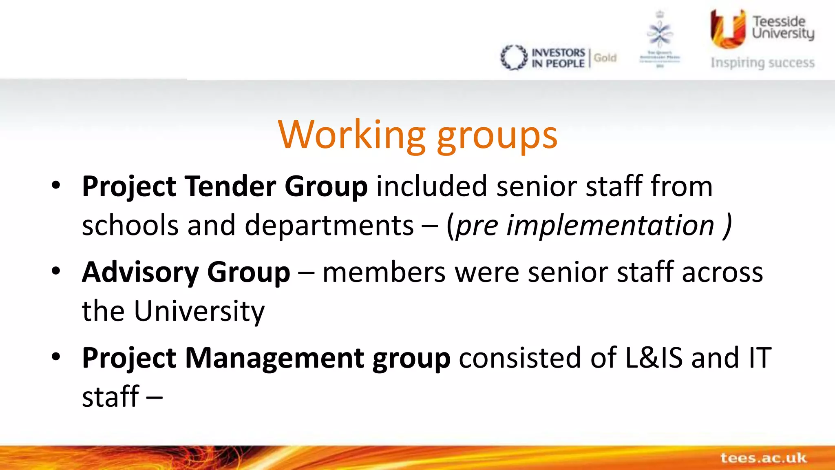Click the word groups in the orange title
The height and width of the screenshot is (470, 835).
point(497,137)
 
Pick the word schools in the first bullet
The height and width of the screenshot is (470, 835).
point(130,226)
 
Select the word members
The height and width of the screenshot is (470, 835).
point(384,272)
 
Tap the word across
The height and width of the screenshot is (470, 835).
point(722,272)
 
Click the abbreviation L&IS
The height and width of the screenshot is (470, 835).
point(654,358)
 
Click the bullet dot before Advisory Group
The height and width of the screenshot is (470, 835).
point(56,271)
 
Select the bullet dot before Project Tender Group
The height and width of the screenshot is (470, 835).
point(56,185)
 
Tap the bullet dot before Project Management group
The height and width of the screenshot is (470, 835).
point(56,357)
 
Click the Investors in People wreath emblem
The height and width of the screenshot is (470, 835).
point(513,58)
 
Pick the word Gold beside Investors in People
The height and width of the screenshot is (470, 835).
point(605,58)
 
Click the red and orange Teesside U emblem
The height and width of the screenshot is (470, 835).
point(728,29)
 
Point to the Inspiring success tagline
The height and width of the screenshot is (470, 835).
point(762,63)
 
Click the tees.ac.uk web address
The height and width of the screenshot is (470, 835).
point(763,458)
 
